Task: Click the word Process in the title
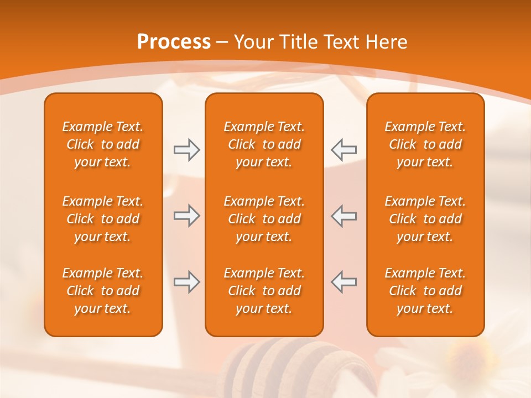(174, 41)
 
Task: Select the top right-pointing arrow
(186, 150)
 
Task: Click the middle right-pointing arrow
(186, 216)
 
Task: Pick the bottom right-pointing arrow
(186, 282)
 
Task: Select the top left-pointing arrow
(343, 149)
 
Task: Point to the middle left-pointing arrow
(343, 216)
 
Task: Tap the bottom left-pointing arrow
(343, 282)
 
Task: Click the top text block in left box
(103, 144)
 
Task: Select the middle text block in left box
(103, 219)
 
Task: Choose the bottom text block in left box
(103, 291)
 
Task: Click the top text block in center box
(264, 144)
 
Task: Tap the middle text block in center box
(264, 219)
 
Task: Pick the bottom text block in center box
(264, 291)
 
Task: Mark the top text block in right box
(425, 144)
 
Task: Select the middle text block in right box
(425, 219)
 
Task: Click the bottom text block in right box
(425, 291)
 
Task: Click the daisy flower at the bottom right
(470, 365)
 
